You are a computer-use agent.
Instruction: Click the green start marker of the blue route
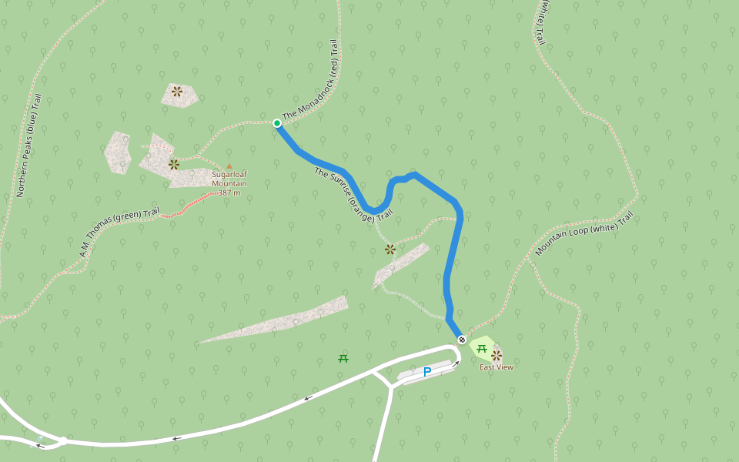277,123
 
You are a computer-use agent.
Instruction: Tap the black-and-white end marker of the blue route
462,340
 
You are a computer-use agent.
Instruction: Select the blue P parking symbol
427,373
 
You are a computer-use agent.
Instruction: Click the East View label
496,367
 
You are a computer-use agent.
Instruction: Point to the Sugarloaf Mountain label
229,179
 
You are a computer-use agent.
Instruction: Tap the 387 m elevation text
229,192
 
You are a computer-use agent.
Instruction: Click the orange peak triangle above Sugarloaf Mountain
229,166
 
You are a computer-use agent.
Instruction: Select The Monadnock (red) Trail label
310,81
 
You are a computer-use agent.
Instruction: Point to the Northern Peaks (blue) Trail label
28,146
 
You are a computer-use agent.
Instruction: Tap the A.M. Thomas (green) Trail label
119,232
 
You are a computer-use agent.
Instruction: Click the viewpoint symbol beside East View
497,355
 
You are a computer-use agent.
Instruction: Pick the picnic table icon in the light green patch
482,349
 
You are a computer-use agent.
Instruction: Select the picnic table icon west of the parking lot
343,358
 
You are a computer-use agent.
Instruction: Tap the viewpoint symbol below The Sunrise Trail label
390,249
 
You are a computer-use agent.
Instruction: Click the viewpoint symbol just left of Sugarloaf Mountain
174,164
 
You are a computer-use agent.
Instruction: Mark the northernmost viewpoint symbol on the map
177,92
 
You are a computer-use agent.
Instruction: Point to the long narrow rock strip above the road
277,320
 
